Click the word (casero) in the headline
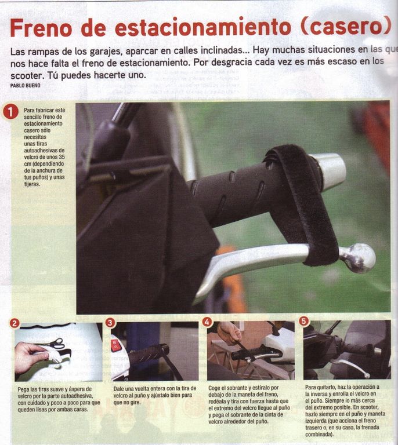click(x=343, y=27)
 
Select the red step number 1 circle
click(x=10, y=112)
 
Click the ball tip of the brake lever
click(x=360, y=258)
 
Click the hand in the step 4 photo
click(x=230, y=333)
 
